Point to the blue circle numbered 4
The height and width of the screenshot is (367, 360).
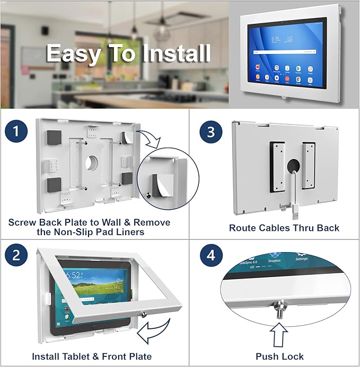[210, 256]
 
